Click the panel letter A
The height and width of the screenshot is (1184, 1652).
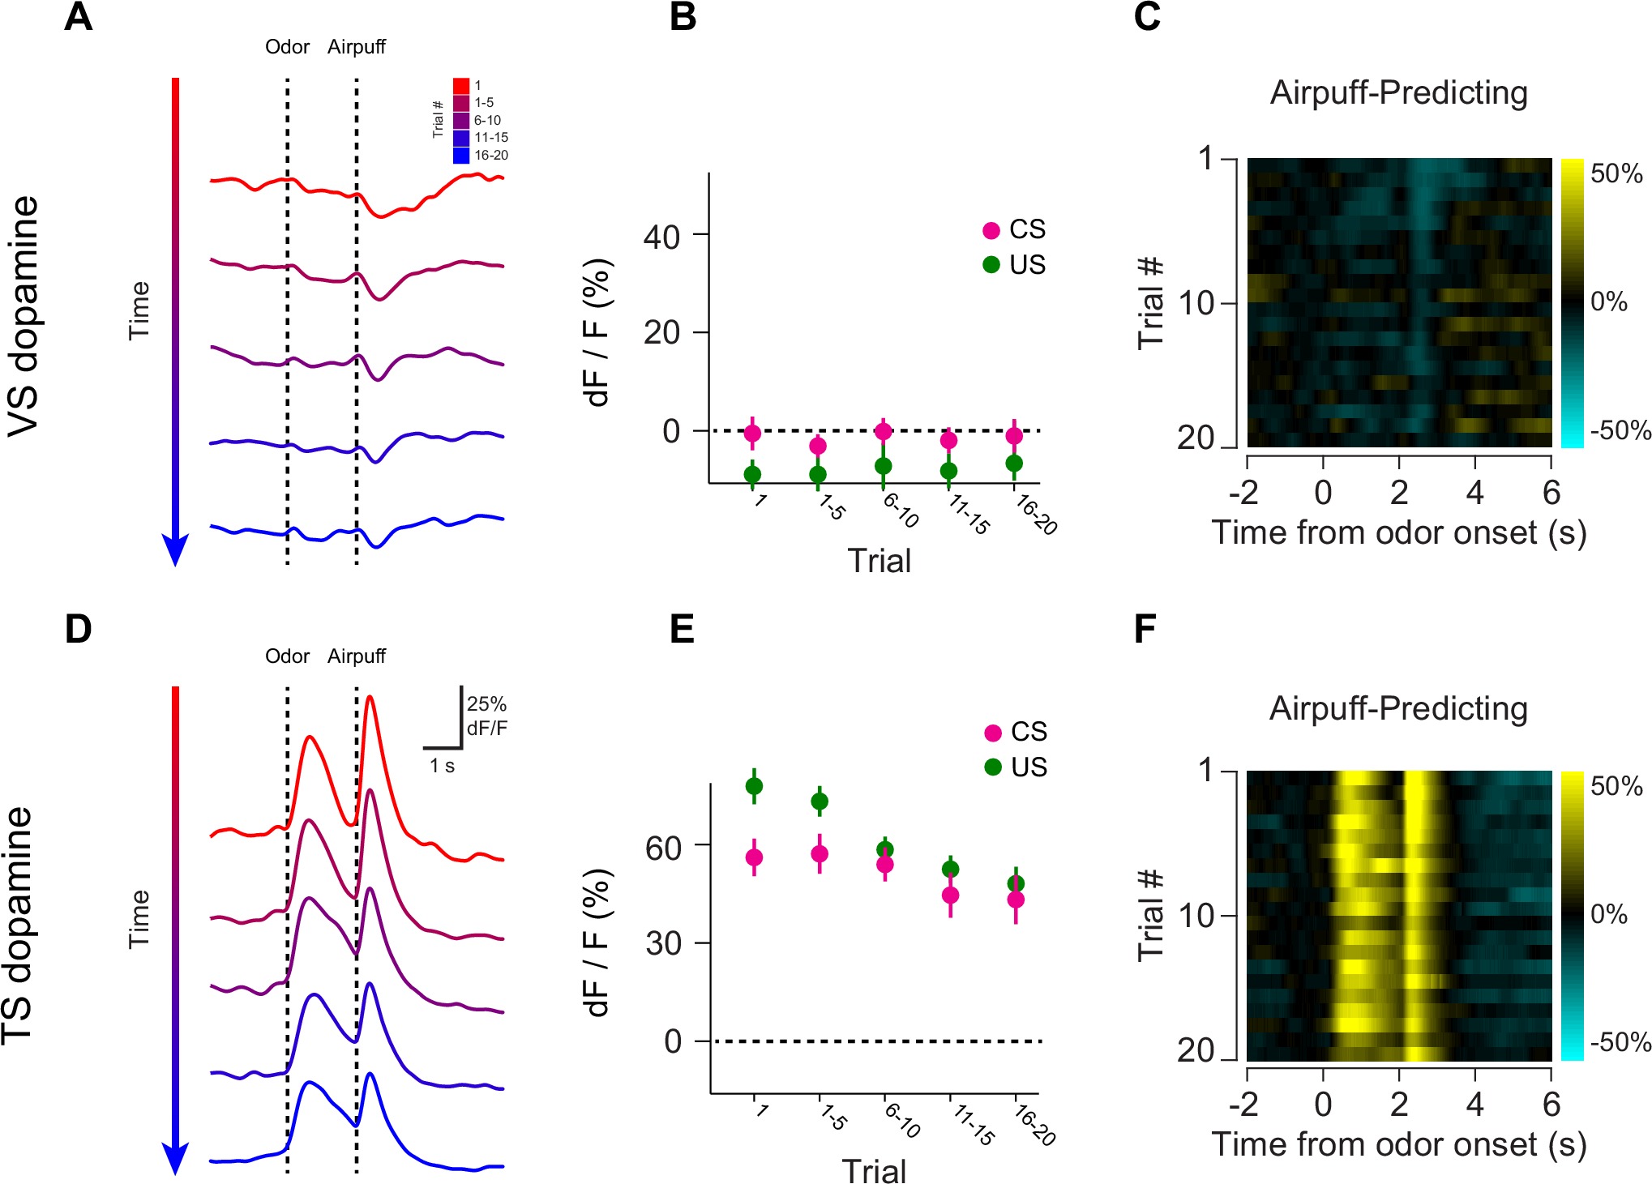coord(79,17)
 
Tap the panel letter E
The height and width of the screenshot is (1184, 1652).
coord(682,629)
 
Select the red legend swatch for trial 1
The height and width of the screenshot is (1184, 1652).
coord(461,86)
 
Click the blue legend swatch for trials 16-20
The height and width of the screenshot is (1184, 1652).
coord(461,155)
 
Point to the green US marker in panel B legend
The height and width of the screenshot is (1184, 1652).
coord(991,265)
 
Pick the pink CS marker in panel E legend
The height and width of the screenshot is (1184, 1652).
coord(992,733)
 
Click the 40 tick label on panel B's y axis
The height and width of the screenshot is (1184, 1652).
coord(661,237)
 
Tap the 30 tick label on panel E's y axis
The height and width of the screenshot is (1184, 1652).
coord(663,944)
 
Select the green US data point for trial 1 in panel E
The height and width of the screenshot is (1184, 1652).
coord(754,786)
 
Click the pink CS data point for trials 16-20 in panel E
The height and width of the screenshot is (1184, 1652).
coord(1016,900)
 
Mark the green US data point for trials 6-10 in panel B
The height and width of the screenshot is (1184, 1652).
coord(884,466)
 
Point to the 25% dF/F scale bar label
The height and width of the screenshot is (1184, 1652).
coord(486,716)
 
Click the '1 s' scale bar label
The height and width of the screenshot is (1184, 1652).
coord(442,766)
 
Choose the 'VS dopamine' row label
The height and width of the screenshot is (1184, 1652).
coord(24,316)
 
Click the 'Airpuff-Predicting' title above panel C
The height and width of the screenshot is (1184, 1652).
coord(1398,93)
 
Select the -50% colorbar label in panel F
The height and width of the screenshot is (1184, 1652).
coord(1620,1042)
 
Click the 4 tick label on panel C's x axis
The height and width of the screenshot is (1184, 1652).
coord(1474,493)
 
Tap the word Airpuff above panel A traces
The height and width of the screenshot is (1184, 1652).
coord(357,47)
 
